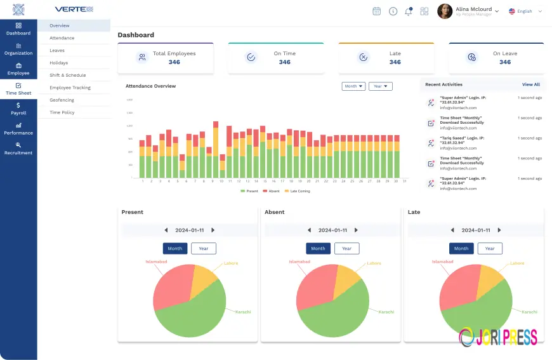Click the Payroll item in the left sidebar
coord(18,109)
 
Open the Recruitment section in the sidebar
coord(18,149)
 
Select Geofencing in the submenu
coord(62,100)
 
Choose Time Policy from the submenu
coord(62,112)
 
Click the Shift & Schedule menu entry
coord(67,75)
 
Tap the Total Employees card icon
coord(142,58)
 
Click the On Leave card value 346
coord(504,62)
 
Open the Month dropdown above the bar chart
coord(353,86)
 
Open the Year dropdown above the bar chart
coord(380,86)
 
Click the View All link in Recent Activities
coord(530,84)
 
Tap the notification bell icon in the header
coord(408,11)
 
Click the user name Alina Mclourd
coord(474,10)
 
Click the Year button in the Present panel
coord(203,248)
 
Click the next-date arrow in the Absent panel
coord(356,230)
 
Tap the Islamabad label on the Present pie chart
coord(156,262)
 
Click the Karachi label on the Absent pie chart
coord(386,312)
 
